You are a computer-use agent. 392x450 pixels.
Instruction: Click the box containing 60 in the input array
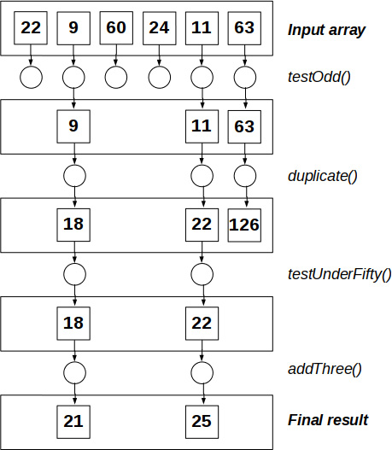116,28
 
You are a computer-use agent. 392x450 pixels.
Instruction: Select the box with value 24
159,28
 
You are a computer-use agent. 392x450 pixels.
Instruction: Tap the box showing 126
244,225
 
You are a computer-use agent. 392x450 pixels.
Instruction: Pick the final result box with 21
73,421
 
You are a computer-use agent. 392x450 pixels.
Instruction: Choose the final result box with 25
202,421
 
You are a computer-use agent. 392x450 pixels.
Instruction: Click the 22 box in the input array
31,28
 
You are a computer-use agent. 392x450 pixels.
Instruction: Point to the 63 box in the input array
244,28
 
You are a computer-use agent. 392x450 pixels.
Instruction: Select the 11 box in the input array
202,28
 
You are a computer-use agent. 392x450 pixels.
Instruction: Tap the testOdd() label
318,78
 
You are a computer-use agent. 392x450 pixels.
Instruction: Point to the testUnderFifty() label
339,274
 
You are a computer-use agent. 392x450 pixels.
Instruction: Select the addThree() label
324,371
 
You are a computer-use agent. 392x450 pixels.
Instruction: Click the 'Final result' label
328,420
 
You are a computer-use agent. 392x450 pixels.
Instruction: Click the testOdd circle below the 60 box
116,78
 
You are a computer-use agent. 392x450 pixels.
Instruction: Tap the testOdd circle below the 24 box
159,78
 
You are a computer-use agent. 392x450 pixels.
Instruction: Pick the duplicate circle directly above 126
244,176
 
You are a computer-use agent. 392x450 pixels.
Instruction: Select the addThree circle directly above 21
73,372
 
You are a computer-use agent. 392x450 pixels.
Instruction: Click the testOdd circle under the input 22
31,78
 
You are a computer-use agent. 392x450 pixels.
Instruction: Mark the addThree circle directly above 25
202,372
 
